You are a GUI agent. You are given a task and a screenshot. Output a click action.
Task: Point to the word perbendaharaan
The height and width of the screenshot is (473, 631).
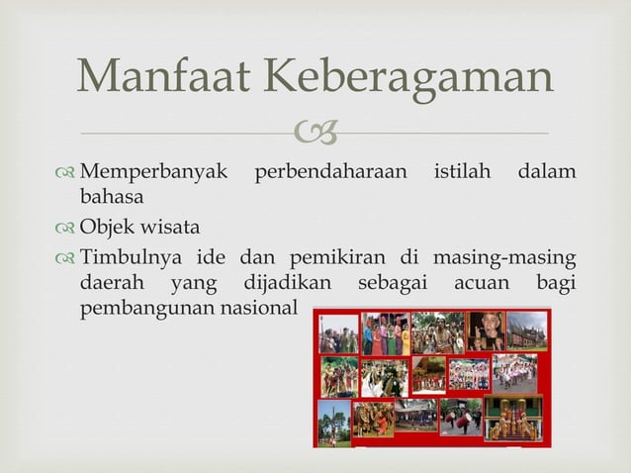click(330, 172)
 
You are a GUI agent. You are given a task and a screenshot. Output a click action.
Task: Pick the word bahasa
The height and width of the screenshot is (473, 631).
click(112, 196)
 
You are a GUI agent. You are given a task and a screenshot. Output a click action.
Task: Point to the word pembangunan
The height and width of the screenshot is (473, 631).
click(147, 307)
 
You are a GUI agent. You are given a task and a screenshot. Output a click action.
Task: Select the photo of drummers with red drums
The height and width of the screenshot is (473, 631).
click(461, 417)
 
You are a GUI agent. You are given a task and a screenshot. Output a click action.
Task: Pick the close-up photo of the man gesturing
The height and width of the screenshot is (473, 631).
click(485, 331)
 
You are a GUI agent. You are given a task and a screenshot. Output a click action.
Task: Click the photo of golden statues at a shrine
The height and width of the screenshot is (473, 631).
click(514, 418)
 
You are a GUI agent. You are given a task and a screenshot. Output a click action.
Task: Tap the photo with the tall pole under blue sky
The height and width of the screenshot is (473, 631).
click(333, 420)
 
